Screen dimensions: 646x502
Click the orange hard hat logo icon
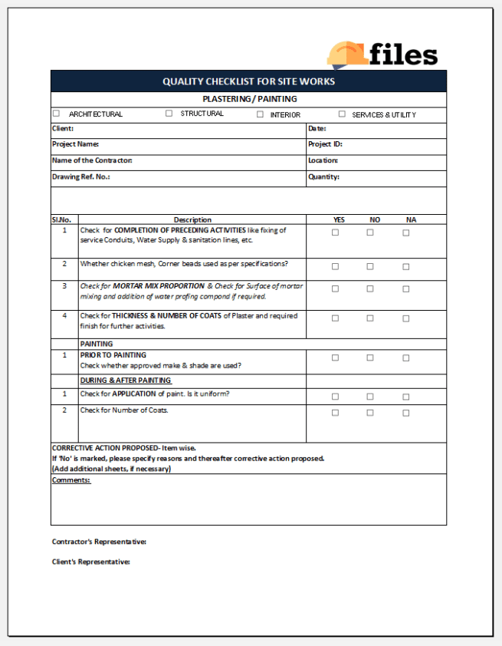[346, 54]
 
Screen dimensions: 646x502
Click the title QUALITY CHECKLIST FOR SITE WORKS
[248, 81]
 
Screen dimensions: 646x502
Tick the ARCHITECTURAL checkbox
[56, 114]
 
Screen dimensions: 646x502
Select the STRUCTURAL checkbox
[169, 114]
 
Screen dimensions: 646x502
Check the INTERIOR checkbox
[260, 114]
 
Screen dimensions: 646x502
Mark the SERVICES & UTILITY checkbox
[342, 114]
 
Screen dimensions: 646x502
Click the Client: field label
[63, 128]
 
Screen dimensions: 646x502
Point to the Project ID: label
[325, 144]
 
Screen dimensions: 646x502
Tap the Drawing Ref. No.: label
[80, 176]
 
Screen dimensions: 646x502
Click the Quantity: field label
[323, 176]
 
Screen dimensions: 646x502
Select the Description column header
[192, 219]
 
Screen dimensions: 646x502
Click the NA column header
[411, 219]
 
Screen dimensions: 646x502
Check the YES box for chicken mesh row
[335, 267]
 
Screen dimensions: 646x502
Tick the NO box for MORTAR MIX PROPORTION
[370, 289]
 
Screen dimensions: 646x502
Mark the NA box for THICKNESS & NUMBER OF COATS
[406, 318]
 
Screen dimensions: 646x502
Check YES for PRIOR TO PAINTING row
[335, 358]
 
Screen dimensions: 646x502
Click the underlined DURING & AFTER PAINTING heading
[126, 381]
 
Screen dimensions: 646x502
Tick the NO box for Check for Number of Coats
[370, 413]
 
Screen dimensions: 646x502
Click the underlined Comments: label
[71, 480]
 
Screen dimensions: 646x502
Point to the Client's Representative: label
[91, 562]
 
